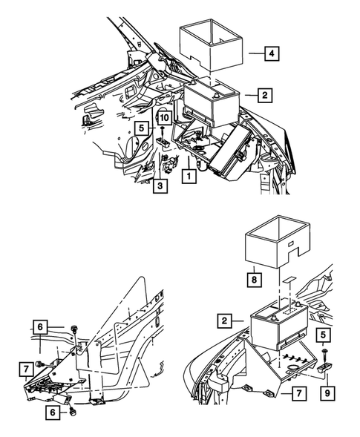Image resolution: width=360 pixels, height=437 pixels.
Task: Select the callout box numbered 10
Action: coord(164,117)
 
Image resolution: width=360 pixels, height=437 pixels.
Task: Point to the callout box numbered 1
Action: coord(190,177)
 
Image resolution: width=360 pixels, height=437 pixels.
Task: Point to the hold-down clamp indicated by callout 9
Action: coord(326,367)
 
